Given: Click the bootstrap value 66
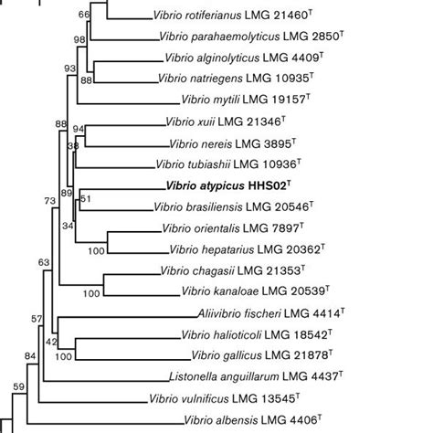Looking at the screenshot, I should pos(84,16).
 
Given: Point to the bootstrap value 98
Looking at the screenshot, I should pos(79,39).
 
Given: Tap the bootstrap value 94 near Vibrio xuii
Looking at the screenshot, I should pos(78,130).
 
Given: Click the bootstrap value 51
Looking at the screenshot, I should pos(86,198).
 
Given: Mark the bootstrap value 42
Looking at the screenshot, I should pos(51,342).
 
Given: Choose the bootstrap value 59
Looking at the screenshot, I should pos(17,387).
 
